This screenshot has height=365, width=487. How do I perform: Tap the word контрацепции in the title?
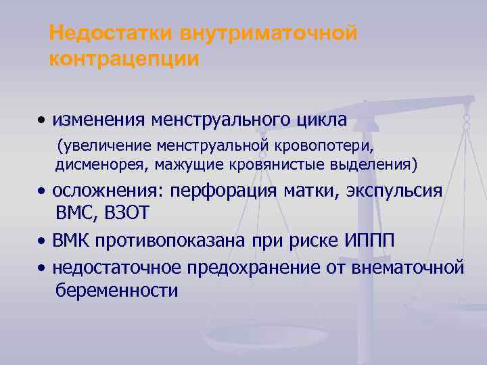124,59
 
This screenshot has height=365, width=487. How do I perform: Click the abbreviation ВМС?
75,214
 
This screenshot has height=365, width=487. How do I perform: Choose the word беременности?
116,291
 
